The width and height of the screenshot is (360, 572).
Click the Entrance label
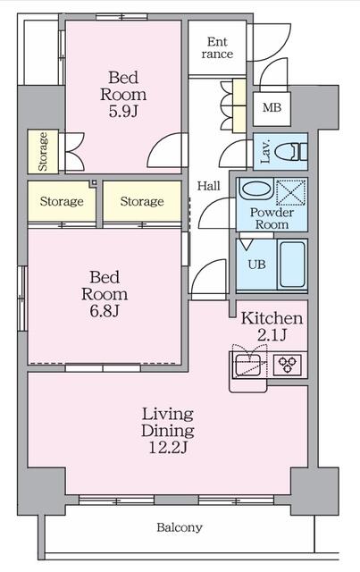pyautogui.click(x=217, y=48)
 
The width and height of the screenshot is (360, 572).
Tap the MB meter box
pyautogui.click(x=272, y=108)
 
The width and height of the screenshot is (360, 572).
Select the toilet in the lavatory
pyautogui.click(x=290, y=151)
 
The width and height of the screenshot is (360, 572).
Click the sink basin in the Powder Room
pyautogui.click(x=255, y=189)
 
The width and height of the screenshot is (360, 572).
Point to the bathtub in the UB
pyautogui.click(x=292, y=265)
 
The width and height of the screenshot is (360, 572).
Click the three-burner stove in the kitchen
pyautogui.click(x=288, y=364)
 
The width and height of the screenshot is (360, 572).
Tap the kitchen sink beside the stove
pyautogui.click(x=247, y=365)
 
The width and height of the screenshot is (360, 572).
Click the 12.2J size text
pyautogui.click(x=168, y=447)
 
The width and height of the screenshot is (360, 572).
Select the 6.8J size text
pyautogui.click(x=105, y=311)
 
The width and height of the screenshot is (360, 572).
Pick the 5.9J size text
pyautogui.click(x=123, y=111)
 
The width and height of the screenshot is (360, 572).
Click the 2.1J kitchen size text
pyautogui.click(x=272, y=335)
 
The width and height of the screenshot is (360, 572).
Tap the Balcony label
pyautogui.click(x=180, y=527)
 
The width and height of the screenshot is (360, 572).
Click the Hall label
pyautogui.click(x=209, y=186)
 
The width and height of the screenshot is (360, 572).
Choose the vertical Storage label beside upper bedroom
pyautogui.click(x=43, y=151)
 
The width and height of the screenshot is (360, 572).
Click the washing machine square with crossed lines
pyautogui.click(x=290, y=192)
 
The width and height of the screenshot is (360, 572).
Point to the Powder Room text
pyautogui.click(x=272, y=218)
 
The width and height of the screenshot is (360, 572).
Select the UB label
pyautogui.click(x=256, y=265)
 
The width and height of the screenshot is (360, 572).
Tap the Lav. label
pyautogui.click(x=264, y=151)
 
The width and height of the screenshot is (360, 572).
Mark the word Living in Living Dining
pyautogui.click(x=168, y=415)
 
